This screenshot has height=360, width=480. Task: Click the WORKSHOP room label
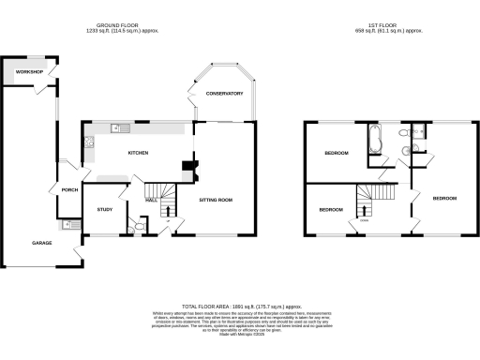(18, 71)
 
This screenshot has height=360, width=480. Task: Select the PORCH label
(68, 189)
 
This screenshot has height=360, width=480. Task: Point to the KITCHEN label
(140, 153)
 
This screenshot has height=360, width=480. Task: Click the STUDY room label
(103, 209)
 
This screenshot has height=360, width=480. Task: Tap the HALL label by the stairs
(150, 200)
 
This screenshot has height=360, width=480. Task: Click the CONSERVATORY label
(224, 94)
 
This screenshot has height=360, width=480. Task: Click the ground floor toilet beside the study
(139, 225)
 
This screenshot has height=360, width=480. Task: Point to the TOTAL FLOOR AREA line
(240, 307)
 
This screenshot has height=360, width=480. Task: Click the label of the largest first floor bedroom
(444, 199)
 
